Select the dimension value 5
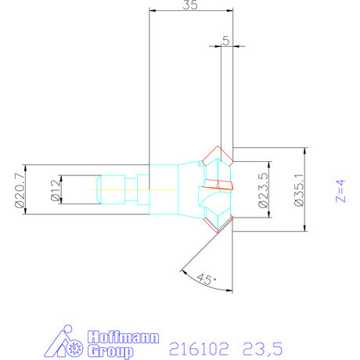click(226, 41)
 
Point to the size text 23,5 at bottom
click(263, 344)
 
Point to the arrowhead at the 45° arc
click(182, 273)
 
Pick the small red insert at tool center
click(220, 185)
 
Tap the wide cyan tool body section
click(167, 190)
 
